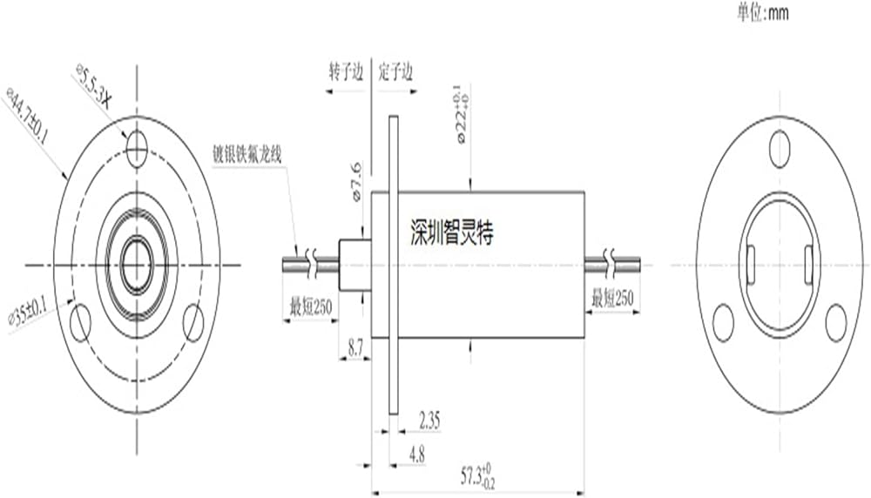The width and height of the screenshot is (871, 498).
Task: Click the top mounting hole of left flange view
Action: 136,147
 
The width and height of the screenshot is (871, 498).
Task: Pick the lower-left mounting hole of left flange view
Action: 81,323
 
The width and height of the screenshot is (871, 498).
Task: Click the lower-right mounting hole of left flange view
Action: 193,323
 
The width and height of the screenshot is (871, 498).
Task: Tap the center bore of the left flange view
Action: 137,263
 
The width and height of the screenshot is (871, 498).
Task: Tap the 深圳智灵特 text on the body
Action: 451,232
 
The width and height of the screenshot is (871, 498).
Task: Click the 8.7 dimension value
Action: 355,349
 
